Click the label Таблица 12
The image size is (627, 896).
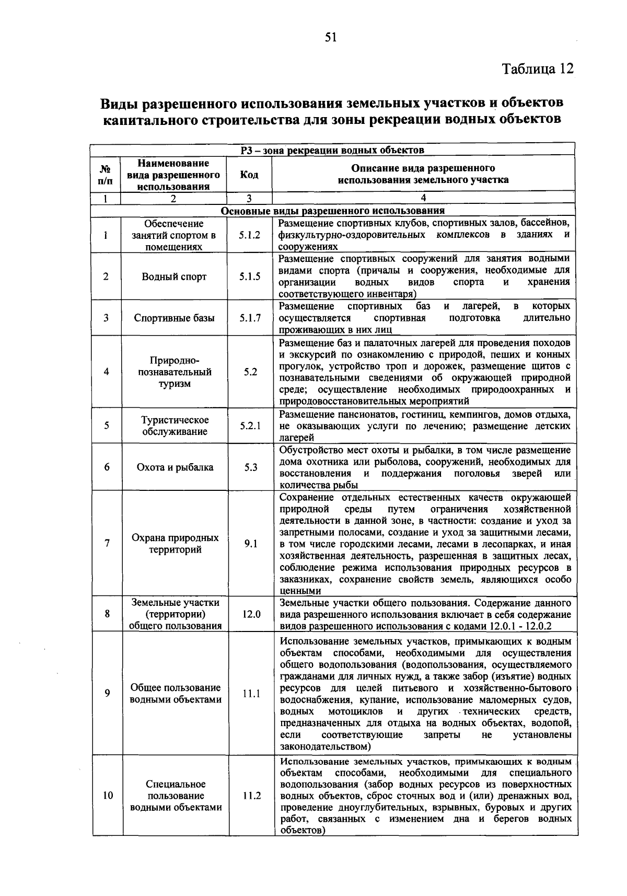point(538,69)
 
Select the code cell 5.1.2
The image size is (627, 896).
point(250,235)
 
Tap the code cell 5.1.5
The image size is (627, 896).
point(250,277)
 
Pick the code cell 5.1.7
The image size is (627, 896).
point(250,318)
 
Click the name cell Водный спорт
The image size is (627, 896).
point(174,277)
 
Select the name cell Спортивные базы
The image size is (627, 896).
point(174,318)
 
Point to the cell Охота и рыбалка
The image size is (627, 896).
point(175,467)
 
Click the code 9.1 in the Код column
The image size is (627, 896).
point(251,544)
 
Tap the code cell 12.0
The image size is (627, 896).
point(251,614)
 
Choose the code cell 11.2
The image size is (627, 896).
point(251,796)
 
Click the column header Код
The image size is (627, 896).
point(249,175)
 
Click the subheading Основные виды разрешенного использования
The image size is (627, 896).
point(333,211)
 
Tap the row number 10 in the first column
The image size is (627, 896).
point(108,796)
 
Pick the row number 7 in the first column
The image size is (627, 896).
point(107,544)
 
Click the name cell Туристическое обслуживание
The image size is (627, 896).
point(175,426)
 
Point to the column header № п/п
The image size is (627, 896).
point(106,175)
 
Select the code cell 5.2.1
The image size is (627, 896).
point(250,426)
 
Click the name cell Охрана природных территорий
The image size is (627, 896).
point(175,544)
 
